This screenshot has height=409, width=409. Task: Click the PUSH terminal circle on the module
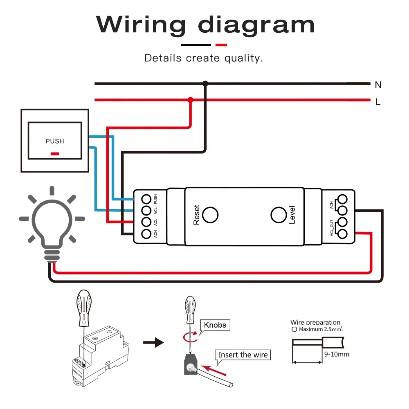click(x=146, y=199)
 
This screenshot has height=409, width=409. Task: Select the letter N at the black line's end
click(x=378, y=85)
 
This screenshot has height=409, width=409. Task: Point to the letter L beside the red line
click(x=378, y=102)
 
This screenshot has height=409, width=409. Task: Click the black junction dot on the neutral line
click(x=205, y=84)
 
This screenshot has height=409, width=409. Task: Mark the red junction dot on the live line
click(x=191, y=100)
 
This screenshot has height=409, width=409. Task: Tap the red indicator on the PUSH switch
click(x=55, y=154)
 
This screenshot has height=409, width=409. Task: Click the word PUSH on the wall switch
click(x=55, y=141)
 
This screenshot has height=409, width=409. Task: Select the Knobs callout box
click(x=215, y=325)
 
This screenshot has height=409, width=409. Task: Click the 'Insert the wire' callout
click(x=243, y=355)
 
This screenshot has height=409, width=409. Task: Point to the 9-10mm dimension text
click(x=337, y=354)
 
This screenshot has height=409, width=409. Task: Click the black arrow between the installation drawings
click(x=153, y=342)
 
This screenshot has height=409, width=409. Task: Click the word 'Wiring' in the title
click(x=141, y=25)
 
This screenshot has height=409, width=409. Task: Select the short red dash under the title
click(x=221, y=45)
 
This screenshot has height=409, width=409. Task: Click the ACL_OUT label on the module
click(x=332, y=228)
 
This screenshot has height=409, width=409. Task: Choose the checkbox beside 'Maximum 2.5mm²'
click(x=294, y=329)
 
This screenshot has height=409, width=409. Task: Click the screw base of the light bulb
click(x=52, y=256)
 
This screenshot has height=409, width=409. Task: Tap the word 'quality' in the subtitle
click(x=243, y=58)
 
